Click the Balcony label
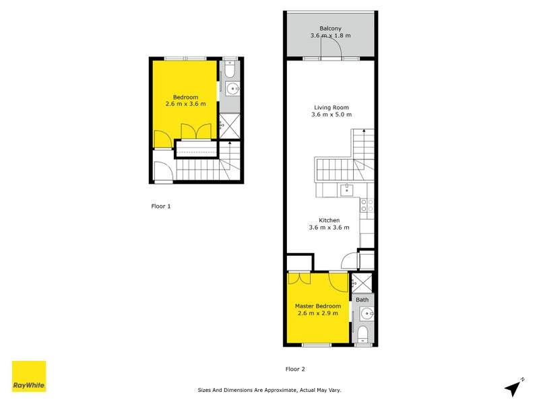330,28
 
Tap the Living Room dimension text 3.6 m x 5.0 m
331,114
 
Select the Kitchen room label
329,220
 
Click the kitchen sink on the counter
347,190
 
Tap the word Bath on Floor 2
362,299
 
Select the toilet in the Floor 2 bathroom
363,333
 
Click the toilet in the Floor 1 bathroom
230,69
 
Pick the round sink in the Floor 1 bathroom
232,88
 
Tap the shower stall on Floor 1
230,124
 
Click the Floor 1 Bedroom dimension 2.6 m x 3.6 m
185,104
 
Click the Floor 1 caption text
161,207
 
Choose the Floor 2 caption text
295,369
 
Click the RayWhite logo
29,376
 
